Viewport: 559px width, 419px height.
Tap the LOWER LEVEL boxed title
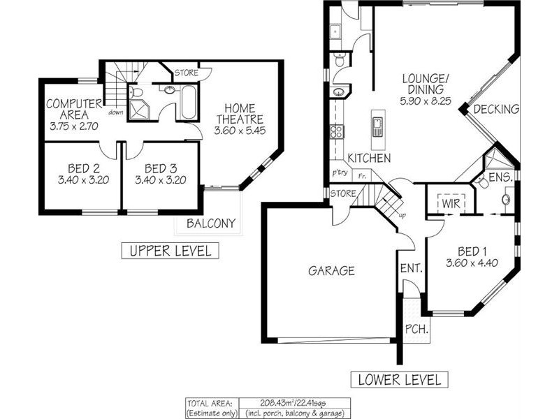(400, 380)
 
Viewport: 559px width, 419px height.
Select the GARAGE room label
(333, 271)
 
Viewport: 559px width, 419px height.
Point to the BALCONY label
(210, 224)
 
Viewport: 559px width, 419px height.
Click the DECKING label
(496, 109)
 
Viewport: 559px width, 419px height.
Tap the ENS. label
(500, 177)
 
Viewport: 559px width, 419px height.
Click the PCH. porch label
(416, 328)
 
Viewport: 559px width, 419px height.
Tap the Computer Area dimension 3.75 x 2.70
(74, 127)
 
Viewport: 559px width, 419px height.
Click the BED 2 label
(83, 168)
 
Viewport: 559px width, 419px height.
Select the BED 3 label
(161, 168)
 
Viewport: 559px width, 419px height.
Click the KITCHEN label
(368, 158)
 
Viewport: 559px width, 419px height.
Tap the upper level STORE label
(187, 72)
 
